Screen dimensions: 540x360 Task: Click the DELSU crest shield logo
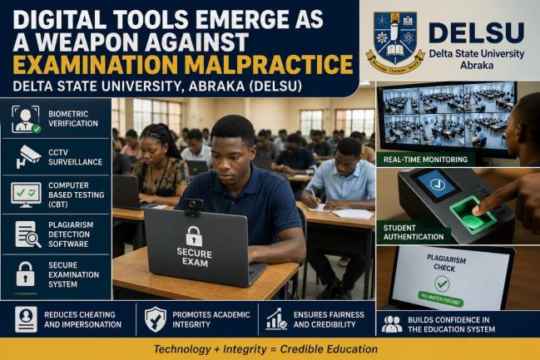[x=395, y=43]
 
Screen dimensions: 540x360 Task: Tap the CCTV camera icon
[x=27, y=157]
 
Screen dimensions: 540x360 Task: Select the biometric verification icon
[x=26, y=119]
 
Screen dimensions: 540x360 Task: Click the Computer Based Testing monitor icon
[x=26, y=195]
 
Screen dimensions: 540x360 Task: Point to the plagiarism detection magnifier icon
[x=28, y=234]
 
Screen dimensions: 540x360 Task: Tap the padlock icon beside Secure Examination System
[x=26, y=274]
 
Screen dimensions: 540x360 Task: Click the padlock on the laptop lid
[x=194, y=236]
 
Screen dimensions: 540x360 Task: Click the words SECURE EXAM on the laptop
[x=194, y=258]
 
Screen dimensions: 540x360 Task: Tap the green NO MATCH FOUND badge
[x=440, y=299]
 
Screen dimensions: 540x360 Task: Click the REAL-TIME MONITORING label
[x=425, y=160]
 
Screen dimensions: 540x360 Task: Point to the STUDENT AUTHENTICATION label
[x=414, y=232]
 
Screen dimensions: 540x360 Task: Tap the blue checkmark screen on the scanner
[x=437, y=185]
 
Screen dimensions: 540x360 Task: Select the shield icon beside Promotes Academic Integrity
[x=155, y=320]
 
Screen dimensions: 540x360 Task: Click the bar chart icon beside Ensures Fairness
[x=276, y=319]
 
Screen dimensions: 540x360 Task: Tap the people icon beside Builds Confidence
[x=392, y=324]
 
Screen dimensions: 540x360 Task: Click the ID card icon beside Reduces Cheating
[x=26, y=320]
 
